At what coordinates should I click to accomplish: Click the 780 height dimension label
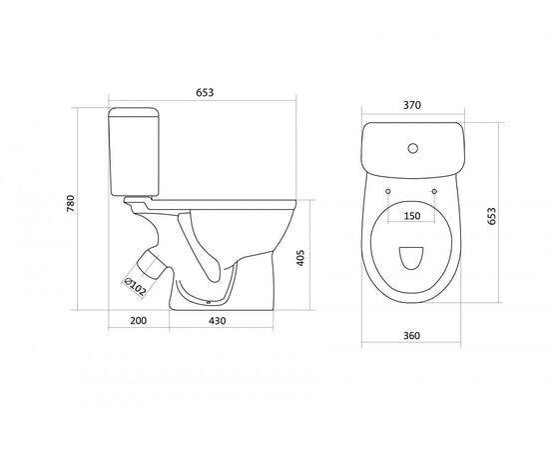click(x=71, y=203)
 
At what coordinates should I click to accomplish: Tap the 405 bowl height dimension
click(x=300, y=258)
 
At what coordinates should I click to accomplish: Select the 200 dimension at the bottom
click(x=139, y=321)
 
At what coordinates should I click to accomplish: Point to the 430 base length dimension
click(x=218, y=321)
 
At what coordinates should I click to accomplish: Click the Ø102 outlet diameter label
click(x=135, y=286)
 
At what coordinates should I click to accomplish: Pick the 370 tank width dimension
click(x=412, y=105)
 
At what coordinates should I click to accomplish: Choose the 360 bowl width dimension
click(x=411, y=336)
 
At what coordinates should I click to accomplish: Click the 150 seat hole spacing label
click(x=412, y=216)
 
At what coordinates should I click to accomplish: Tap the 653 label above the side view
click(x=205, y=93)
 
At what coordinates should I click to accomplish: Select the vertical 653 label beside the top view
click(x=492, y=216)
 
